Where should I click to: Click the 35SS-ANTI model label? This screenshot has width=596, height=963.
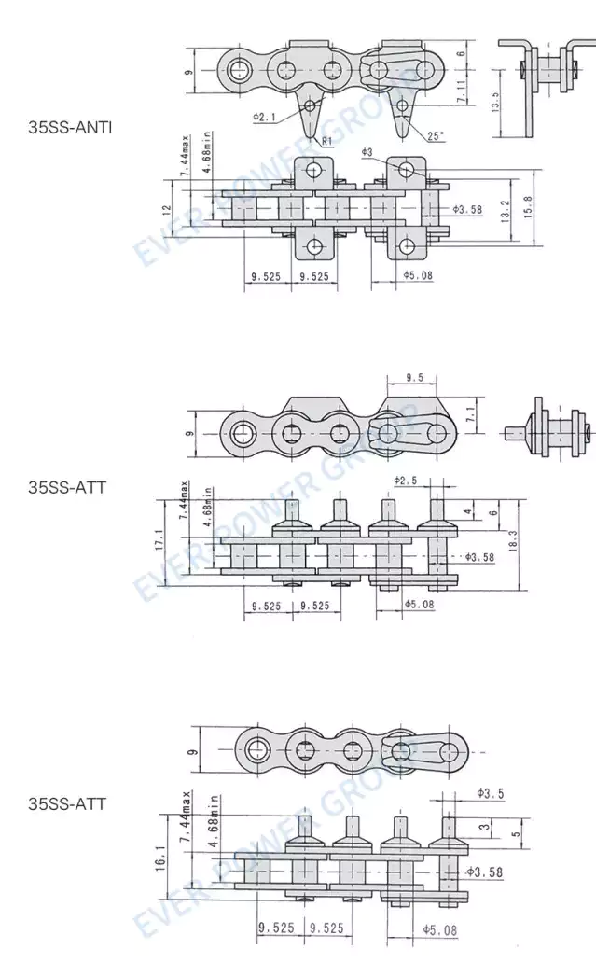(70, 127)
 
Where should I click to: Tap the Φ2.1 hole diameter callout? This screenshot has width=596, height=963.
(265, 118)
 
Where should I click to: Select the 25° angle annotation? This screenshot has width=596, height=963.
(436, 135)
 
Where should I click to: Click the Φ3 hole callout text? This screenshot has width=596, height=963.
(367, 151)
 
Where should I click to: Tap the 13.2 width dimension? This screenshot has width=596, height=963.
(505, 210)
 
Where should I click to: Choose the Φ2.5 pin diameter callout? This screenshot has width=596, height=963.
(405, 480)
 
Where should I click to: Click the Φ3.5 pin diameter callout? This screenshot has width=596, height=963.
(489, 793)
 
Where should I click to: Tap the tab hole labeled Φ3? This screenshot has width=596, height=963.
(406, 169)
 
